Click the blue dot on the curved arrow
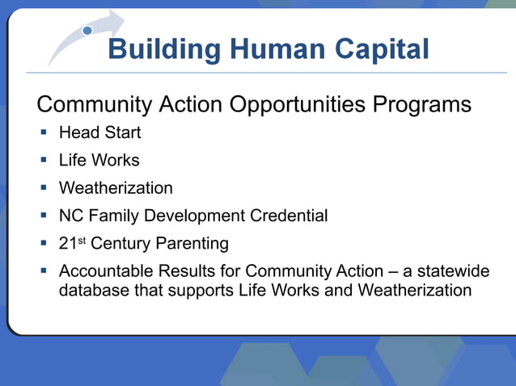[87, 31]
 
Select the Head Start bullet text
[99, 132]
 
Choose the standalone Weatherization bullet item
[116, 188]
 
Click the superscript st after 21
[82, 240]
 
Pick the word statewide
[455, 271]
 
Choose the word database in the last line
[92, 290]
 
